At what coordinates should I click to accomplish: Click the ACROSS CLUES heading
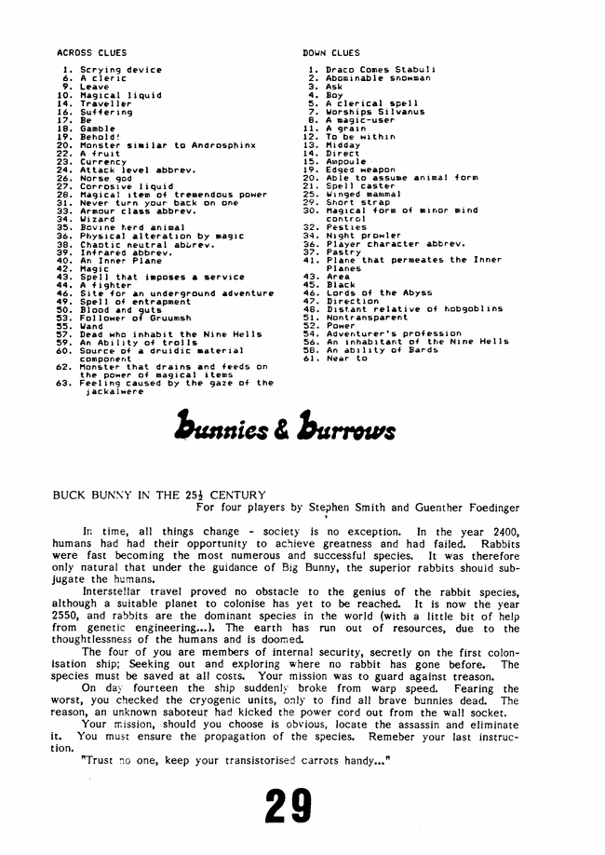(x=92, y=53)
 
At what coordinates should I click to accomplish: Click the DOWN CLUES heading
(x=331, y=53)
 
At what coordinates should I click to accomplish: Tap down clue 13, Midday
(x=345, y=143)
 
